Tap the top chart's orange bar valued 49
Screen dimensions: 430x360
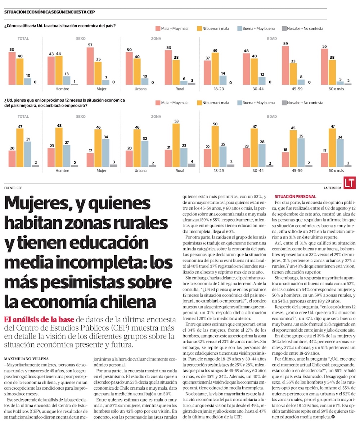[215, 69]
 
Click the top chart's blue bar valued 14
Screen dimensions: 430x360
[223, 80]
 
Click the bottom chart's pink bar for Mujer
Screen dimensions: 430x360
[90, 160]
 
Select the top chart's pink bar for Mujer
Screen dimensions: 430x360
[90, 67]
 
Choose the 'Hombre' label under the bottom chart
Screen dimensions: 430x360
[62, 171]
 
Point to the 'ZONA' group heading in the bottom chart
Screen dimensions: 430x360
[156, 117]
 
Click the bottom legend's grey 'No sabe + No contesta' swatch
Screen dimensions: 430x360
[284, 103]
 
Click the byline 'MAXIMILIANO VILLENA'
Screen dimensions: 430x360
[27, 359]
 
